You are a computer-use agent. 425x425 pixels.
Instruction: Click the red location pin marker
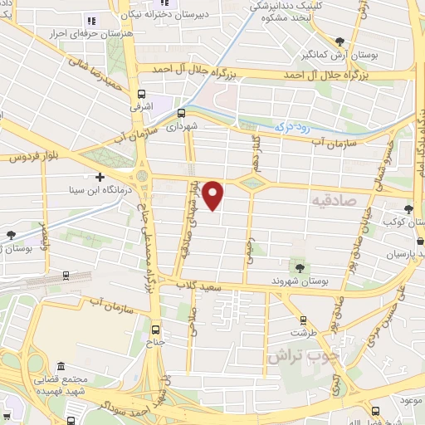(x=213, y=194)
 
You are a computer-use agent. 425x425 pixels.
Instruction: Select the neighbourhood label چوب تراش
(x=302, y=355)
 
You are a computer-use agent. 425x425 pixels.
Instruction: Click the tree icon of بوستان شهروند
(x=297, y=268)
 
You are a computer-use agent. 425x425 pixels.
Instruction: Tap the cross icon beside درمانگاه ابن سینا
(x=100, y=177)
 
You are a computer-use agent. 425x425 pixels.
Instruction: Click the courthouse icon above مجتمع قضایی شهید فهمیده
(x=60, y=366)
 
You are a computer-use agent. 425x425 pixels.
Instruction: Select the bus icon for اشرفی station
(x=142, y=94)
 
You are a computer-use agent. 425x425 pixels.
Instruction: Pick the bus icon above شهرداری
(x=182, y=115)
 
